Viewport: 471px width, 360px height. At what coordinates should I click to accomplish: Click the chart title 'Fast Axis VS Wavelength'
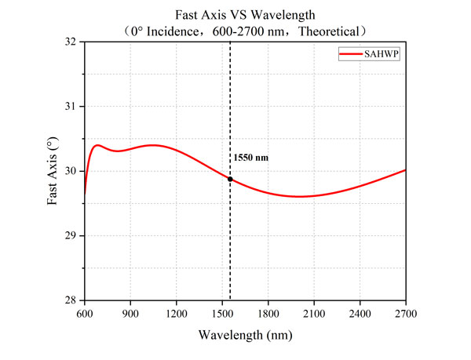coord(245,14)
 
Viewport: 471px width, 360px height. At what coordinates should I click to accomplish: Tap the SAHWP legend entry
coord(370,53)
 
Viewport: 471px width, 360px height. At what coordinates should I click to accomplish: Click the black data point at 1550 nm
coord(230,179)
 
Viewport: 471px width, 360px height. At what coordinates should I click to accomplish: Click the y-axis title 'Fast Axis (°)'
coord(53,171)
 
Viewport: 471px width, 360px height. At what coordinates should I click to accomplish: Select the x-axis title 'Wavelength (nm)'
coord(245,335)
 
